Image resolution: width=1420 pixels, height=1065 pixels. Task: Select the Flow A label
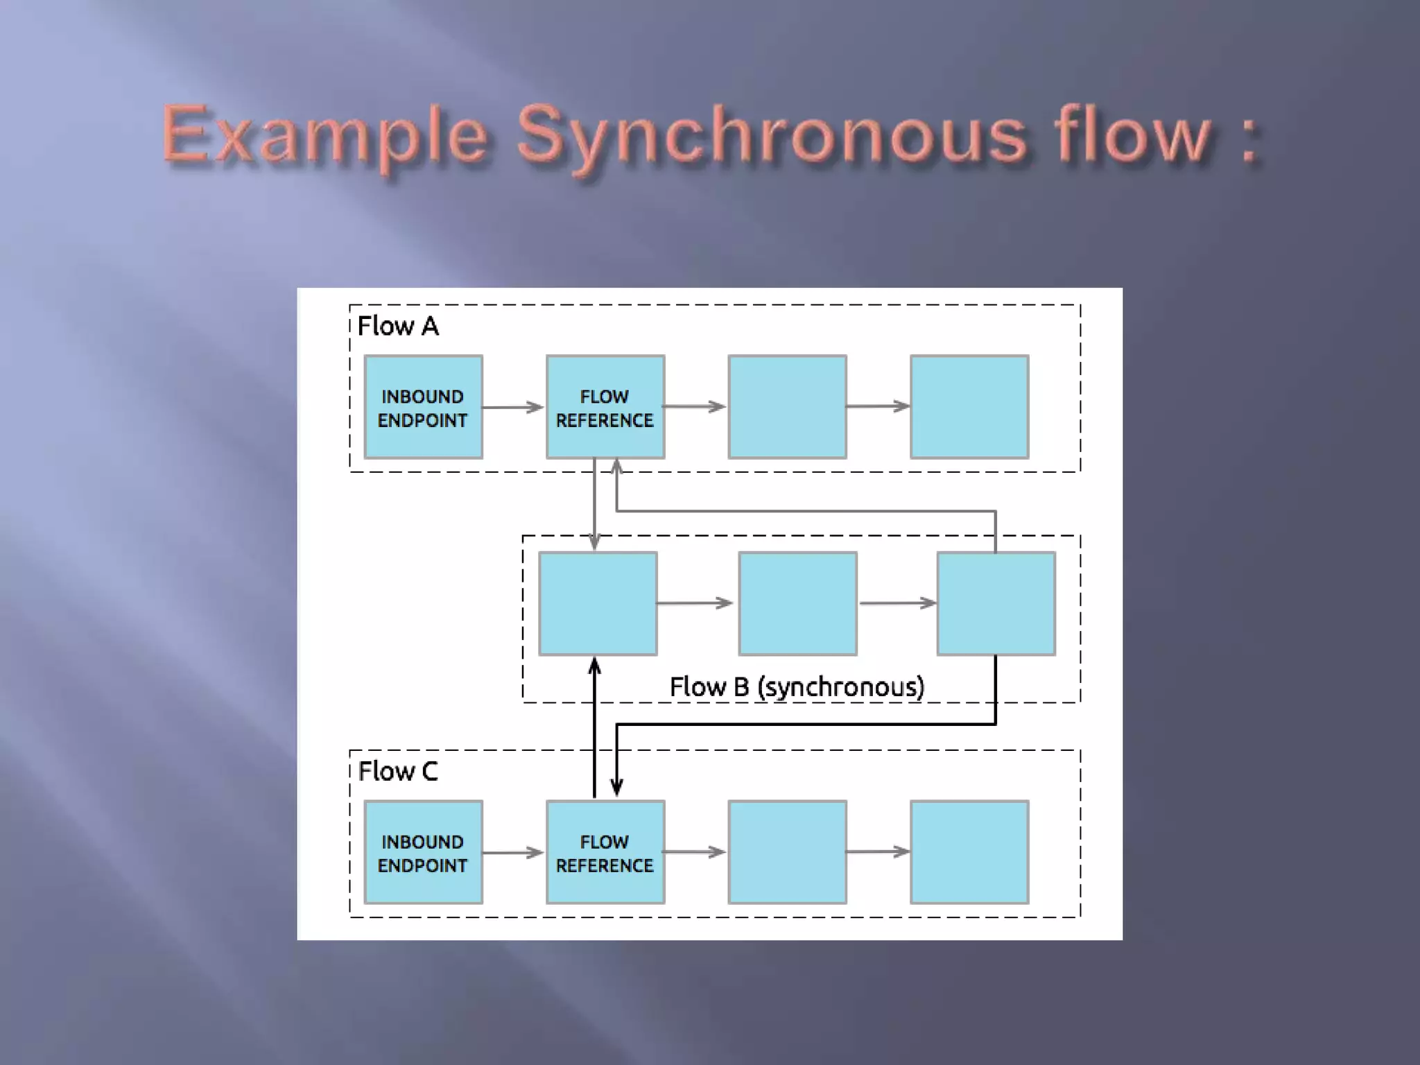tap(398, 326)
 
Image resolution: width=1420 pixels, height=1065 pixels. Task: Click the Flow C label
tap(398, 771)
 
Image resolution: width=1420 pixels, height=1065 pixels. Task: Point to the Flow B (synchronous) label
tap(797, 686)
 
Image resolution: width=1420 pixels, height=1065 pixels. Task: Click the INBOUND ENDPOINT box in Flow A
tap(423, 408)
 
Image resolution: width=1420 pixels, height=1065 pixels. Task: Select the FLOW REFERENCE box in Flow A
tap(605, 408)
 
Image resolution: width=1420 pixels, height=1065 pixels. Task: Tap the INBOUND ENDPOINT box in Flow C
tap(423, 853)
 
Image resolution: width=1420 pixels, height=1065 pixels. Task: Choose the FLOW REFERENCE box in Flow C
tap(605, 853)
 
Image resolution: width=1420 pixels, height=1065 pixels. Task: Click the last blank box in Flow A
tap(969, 408)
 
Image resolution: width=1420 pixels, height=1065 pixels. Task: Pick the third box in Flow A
tap(787, 408)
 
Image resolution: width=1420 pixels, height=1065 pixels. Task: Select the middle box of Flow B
tap(797, 603)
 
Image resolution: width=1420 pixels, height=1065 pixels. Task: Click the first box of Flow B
tap(598, 603)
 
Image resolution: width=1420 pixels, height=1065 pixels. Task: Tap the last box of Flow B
tap(996, 603)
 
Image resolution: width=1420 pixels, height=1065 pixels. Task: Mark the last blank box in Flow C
tap(969, 853)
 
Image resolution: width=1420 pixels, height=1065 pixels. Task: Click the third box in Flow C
tap(787, 853)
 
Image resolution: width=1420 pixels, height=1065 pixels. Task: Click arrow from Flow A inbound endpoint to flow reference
tap(513, 407)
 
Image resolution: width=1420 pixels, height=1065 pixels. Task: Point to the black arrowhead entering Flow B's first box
tap(594, 666)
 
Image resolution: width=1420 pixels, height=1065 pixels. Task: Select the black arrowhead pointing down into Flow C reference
tap(616, 788)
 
